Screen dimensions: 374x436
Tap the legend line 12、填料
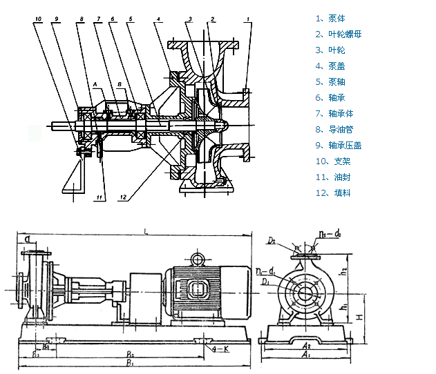pos(333,193)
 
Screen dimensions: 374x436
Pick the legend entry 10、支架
pos(333,161)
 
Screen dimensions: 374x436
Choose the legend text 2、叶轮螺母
pos(339,35)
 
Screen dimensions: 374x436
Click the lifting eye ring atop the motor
pos(198,259)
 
